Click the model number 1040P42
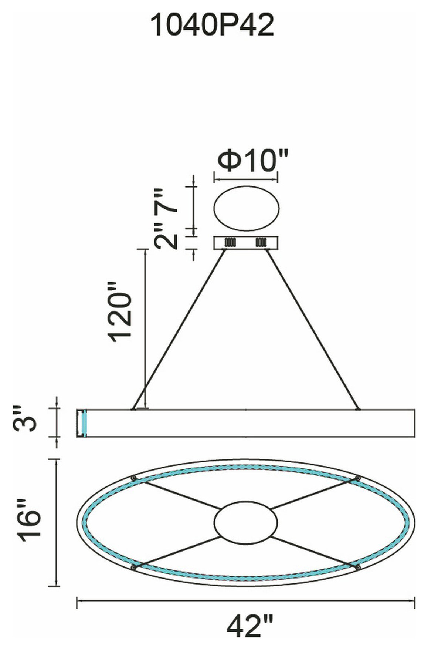click(x=213, y=26)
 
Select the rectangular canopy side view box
click(x=246, y=243)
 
